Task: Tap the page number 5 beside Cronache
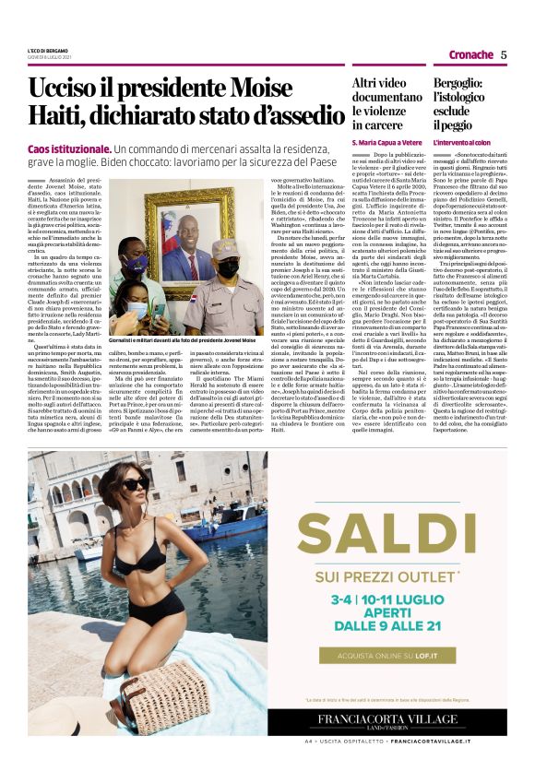point(504,54)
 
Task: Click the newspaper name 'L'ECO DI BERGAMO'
point(48,50)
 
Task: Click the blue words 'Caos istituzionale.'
point(70,148)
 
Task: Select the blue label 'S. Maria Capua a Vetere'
point(386,144)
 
